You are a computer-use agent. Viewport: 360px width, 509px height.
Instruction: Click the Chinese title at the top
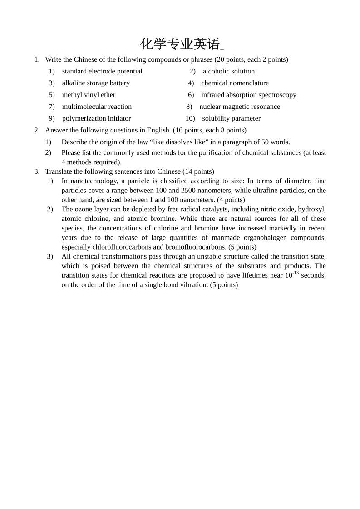point(180,44)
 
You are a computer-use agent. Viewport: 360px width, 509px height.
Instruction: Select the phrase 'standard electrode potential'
point(102,71)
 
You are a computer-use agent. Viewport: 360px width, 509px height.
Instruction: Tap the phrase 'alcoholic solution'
point(228,71)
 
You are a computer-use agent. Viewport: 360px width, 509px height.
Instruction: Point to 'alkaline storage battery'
point(96,83)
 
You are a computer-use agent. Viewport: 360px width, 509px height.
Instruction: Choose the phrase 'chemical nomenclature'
point(235,83)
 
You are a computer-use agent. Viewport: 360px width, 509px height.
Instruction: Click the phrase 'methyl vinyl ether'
point(89,95)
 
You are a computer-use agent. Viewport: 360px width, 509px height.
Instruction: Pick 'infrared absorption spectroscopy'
point(248,95)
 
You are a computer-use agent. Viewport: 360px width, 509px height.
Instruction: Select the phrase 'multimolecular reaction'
point(97,107)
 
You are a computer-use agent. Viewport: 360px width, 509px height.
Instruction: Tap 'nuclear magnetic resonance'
point(239,107)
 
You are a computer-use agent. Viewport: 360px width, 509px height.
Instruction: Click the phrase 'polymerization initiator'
point(96,118)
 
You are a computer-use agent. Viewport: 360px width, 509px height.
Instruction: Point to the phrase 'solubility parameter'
point(231,118)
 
